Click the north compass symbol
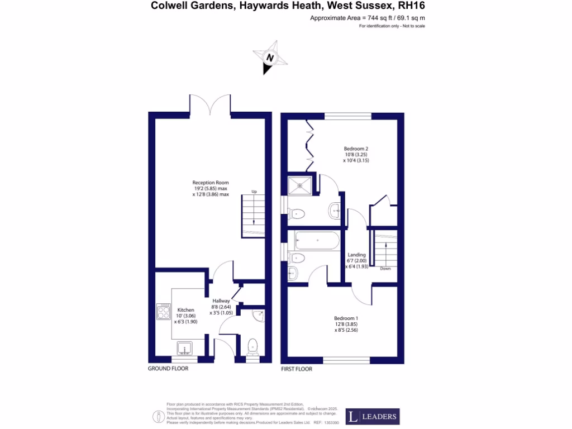270,58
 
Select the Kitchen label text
185,309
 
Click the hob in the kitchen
163,312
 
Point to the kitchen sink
185,349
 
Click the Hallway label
221,301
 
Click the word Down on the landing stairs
385,269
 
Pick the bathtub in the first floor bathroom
317,240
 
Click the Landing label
356,255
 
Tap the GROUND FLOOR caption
168,369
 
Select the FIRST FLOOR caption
296,369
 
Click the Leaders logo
372,416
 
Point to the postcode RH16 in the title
415,7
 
